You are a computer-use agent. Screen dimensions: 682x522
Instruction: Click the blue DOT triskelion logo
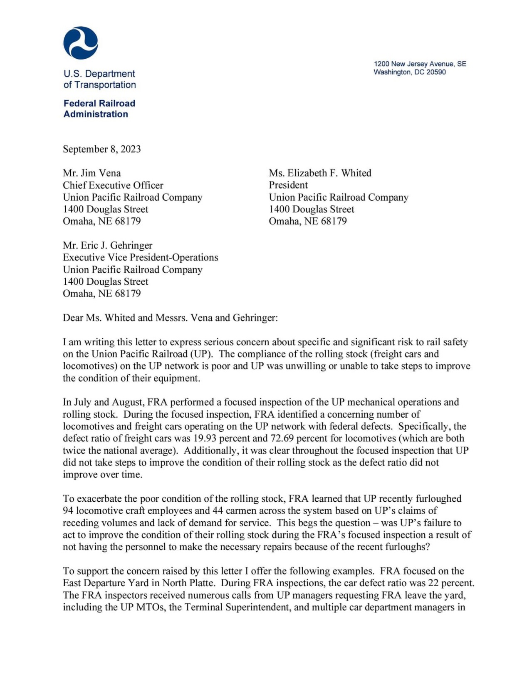click(81, 42)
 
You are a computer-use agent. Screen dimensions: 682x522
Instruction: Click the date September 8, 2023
click(102, 149)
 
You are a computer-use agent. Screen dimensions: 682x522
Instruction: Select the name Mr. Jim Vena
click(92, 173)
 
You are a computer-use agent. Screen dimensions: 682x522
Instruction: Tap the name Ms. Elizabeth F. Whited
click(320, 173)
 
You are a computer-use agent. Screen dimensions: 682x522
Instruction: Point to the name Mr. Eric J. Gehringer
click(108, 245)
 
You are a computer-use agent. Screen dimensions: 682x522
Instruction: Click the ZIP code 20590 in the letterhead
click(436, 72)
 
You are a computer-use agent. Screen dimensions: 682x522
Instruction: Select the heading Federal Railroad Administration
click(99, 109)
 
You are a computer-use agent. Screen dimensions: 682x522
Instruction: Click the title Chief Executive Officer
click(113, 185)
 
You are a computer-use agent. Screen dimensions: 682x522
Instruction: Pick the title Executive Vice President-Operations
click(141, 257)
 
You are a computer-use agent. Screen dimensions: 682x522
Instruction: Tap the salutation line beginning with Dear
click(170, 318)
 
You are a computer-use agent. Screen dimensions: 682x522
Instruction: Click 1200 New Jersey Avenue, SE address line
click(420, 64)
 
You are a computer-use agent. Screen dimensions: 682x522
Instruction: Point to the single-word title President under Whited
click(288, 185)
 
